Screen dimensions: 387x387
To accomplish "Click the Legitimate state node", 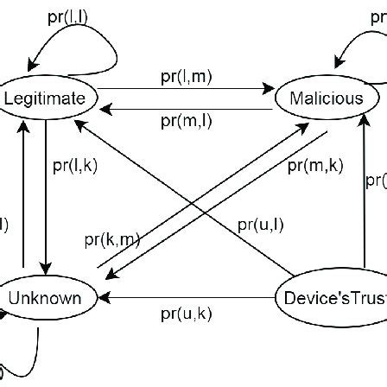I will [45, 98].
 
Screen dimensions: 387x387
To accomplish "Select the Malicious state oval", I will [327, 98].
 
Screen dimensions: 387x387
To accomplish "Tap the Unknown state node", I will [45, 299].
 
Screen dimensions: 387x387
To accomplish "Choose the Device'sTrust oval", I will [333, 299].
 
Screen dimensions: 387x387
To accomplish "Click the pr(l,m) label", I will [186, 77].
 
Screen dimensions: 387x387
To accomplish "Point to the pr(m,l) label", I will [186, 121].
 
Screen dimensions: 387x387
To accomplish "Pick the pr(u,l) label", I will [260, 225].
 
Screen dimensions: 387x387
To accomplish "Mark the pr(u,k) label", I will [186, 314].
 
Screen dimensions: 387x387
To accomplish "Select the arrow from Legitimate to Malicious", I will [186, 89].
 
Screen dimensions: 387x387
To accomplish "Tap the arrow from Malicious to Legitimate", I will [186, 108].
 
